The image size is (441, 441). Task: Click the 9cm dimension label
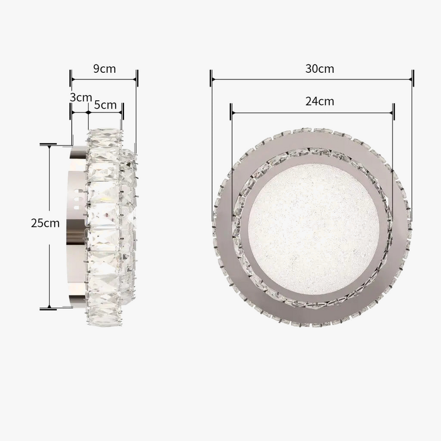click(104, 68)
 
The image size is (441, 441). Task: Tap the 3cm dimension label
click(80, 98)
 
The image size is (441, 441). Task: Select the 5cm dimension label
click(105, 105)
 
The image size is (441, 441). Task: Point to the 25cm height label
click(45, 223)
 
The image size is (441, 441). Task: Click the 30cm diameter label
click(320, 68)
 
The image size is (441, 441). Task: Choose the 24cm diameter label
click(320, 101)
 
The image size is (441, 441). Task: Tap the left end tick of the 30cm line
click(211, 78)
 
